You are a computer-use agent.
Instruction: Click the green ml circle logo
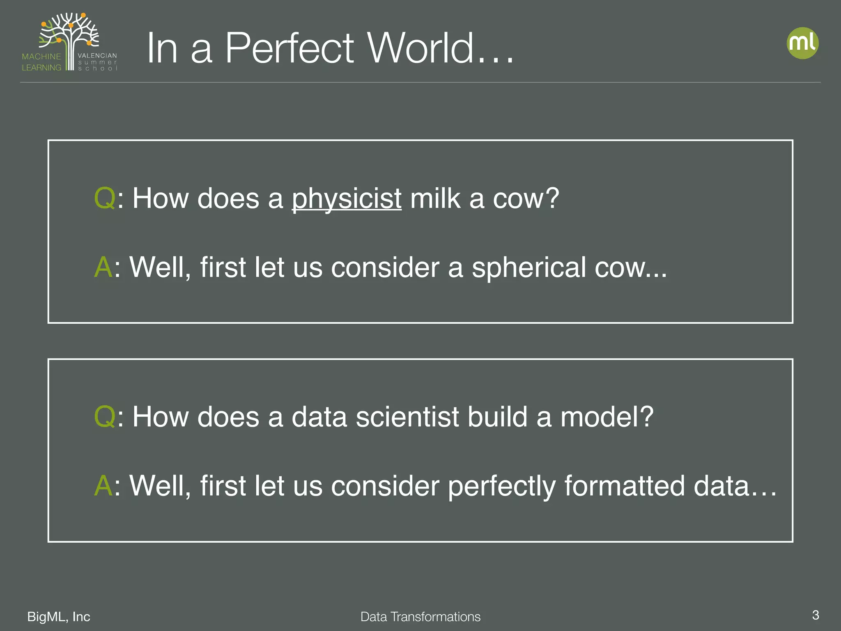pos(802,43)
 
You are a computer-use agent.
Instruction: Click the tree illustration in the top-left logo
pos(70,33)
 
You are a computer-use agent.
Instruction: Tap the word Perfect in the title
pos(289,48)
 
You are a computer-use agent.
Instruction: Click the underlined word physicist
pos(346,199)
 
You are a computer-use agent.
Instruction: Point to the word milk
pos(435,198)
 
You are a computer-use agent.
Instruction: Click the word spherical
pos(529,267)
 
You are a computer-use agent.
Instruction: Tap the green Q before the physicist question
pos(105,198)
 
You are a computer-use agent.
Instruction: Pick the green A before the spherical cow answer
pos(103,267)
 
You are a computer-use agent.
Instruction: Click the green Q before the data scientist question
pos(105,417)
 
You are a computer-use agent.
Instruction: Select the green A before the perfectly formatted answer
pos(103,486)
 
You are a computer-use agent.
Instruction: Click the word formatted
pos(625,486)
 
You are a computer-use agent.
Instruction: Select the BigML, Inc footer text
pos(59,617)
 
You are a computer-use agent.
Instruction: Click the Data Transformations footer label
pos(420,617)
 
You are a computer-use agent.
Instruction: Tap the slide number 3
pos(816,615)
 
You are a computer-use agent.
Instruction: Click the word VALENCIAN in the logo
pos(97,55)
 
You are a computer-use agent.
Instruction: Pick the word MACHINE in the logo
pos(41,56)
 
